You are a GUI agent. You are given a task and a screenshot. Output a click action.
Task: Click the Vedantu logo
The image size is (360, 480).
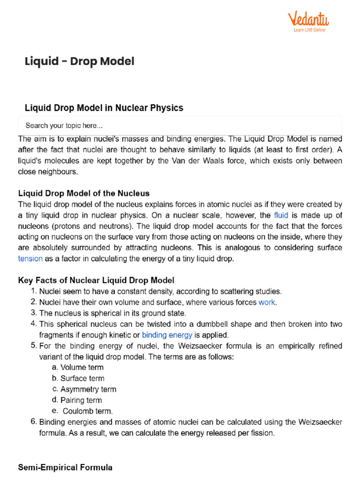coord(308,22)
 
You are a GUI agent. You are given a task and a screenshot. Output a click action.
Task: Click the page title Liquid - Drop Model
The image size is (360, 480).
coord(79,61)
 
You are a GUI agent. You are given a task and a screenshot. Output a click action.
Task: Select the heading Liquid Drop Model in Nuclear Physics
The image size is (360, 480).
coord(104,108)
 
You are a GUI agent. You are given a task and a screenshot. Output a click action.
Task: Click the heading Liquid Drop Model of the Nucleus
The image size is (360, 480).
coord(83,193)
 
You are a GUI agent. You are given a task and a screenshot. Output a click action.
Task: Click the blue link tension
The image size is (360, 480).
coord(30,258)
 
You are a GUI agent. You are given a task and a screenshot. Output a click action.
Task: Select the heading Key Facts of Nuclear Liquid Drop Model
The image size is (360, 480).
coord(96,280)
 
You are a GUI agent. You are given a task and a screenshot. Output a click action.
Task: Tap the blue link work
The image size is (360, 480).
coord(267,302)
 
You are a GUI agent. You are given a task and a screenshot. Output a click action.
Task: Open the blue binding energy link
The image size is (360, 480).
coord(167,335)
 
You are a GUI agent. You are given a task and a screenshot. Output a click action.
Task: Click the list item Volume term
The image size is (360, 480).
coord(82,367)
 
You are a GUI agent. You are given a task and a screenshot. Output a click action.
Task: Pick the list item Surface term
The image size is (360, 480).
coord(82,378)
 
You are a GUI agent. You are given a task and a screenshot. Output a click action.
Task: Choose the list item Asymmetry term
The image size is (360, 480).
coord(88,389)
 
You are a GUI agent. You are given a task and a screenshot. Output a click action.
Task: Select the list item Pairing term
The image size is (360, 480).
coord(81,400)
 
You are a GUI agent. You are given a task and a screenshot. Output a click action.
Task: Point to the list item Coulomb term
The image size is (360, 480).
coord(88,411)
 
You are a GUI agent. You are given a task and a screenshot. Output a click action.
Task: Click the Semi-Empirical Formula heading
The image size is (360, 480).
coord(65,467)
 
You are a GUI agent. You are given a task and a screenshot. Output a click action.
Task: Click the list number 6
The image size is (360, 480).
coord(33,422)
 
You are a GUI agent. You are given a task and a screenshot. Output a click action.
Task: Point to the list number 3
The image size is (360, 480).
coord(33,313)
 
